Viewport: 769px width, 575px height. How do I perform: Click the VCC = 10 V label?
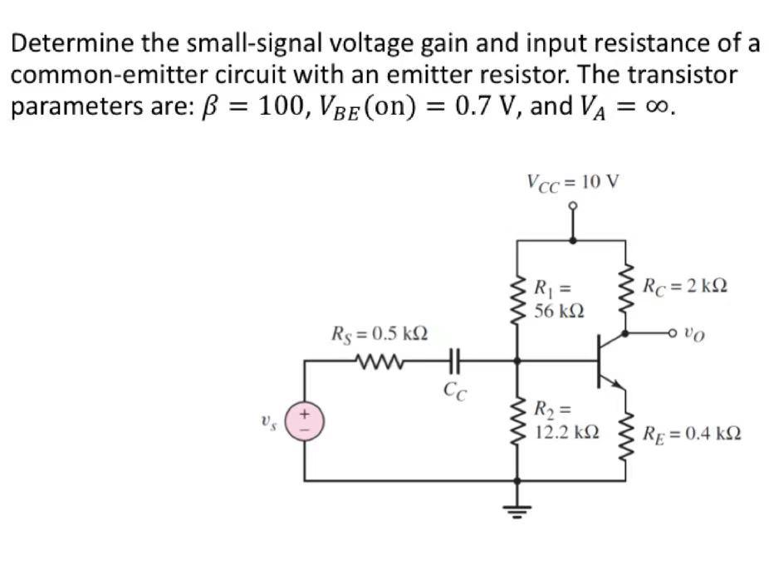tap(573, 181)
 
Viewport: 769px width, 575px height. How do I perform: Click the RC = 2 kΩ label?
tap(686, 287)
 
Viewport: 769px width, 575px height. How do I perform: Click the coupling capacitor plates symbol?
tap(453, 361)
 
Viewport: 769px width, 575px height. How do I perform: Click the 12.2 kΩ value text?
tap(565, 433)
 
